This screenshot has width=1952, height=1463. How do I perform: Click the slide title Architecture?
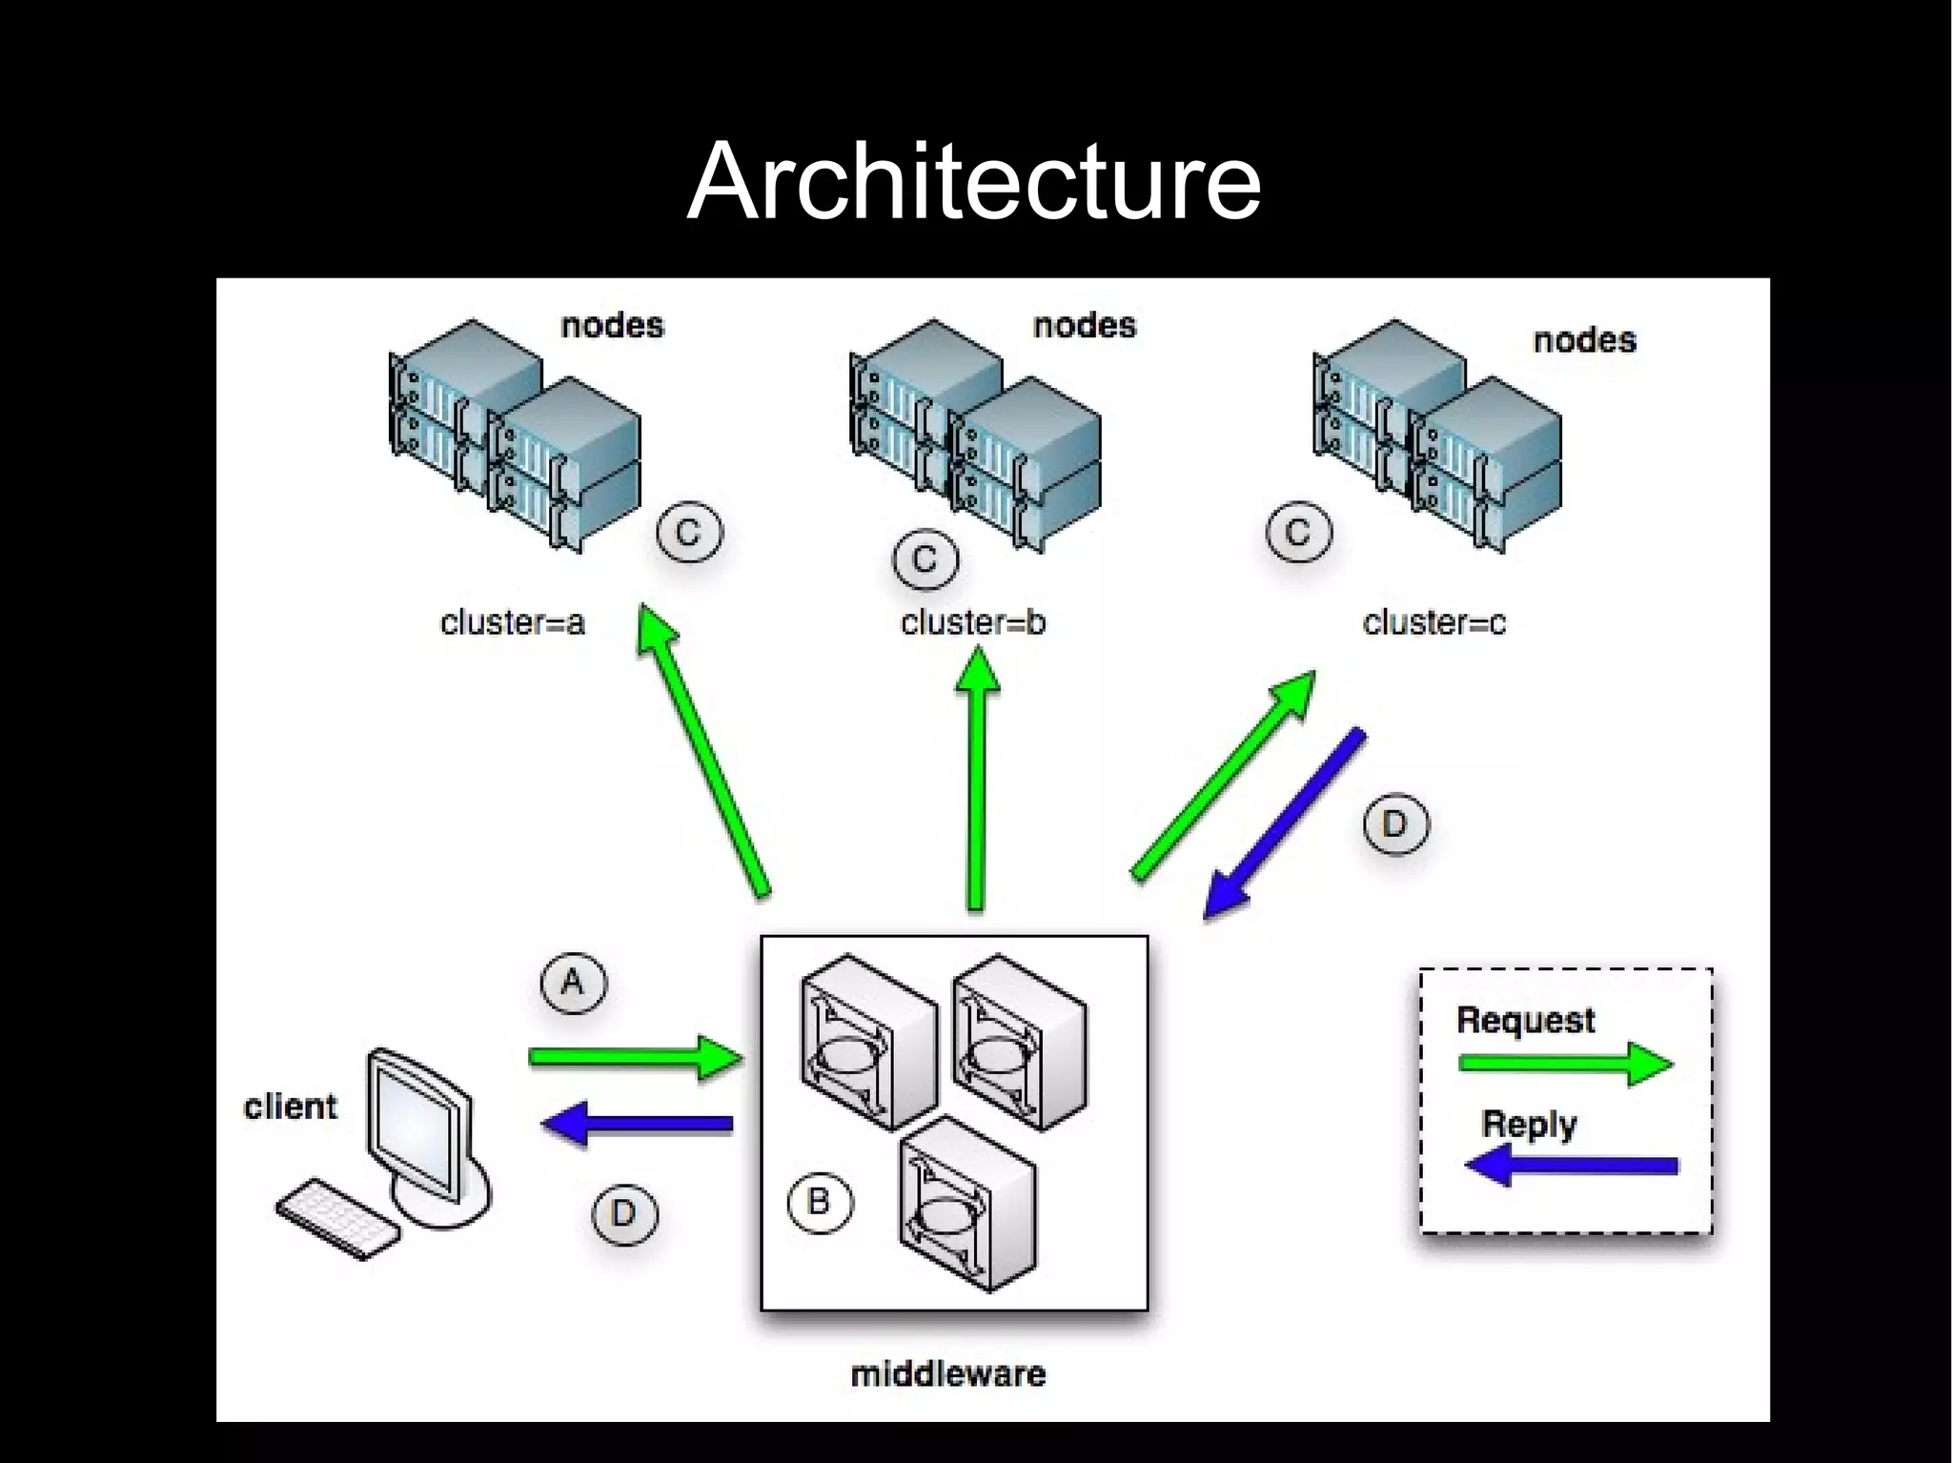pos(974,181)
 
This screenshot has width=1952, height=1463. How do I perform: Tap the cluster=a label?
pos(512,622)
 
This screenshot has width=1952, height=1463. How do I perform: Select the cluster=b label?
pos(973,622)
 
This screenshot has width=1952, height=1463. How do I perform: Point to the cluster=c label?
pos(1434,622)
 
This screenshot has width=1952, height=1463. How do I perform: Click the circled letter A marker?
pos(573,982)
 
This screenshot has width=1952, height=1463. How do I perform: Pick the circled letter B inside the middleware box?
pos(819,1202)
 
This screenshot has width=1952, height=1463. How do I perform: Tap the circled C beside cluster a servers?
pos(689,532)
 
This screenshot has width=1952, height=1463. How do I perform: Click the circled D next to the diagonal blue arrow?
pos(1394,823)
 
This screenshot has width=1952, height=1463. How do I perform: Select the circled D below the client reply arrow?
pos(624,1213)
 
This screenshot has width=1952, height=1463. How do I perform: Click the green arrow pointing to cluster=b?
pos(975,782)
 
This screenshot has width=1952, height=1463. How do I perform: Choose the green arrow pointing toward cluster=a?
pos(705,753)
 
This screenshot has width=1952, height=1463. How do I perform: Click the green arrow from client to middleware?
pos(634,1057)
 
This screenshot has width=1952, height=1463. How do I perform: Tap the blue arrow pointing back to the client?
pos(639,1123)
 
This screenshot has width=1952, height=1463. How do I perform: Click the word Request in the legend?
pos(1525,1020)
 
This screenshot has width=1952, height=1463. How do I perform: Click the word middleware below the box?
pos(947,1373)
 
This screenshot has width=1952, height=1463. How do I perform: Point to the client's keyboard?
pos(338,1218)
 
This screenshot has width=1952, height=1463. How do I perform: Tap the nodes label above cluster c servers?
pos(1584,339)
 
